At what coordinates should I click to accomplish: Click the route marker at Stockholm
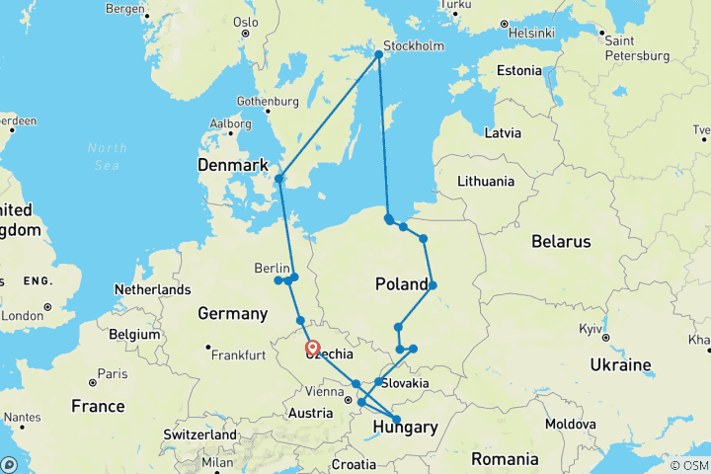click(x=378, y=54)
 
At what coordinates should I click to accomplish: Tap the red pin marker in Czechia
click(x=312, y=348)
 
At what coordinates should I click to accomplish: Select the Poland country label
click(x=402, y=285)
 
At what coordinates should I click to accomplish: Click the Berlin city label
click(x=272, y=269)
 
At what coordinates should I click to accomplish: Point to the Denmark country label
click(x=233, y=164)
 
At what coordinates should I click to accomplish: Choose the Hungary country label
click(x=405, y=428)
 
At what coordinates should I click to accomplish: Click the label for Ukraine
click(x=620, y=364)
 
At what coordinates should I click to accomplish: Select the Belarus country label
click(x=560, y=241)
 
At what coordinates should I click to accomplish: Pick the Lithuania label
click(x=486, y=182)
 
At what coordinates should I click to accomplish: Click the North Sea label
click(x=107, y=155)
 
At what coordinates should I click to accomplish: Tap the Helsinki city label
click(x=532, y=33)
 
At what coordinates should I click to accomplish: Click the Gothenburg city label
click(x=268, y=102)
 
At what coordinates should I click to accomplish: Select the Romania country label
click(x=505, y=459)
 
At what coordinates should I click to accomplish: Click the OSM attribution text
click(x=691, y=465)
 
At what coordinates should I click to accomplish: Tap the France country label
click(x=98, y=406)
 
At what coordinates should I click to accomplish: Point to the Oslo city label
click(x=246, y=22)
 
